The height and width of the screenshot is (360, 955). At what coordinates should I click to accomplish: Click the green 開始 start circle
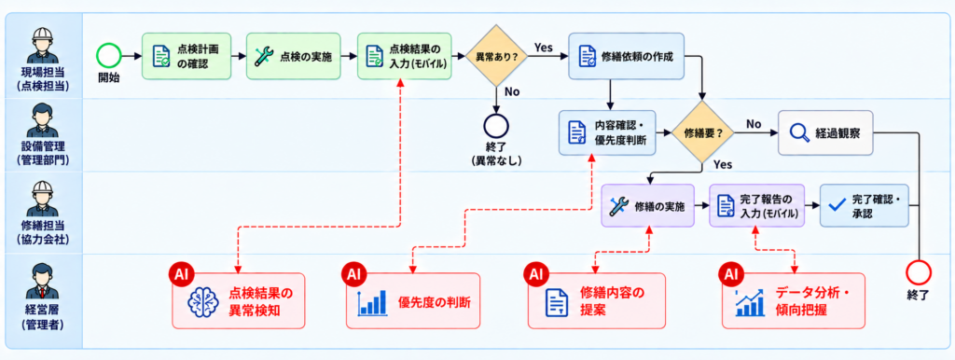click(108, 56)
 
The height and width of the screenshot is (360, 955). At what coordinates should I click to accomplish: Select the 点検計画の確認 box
click(187, 56)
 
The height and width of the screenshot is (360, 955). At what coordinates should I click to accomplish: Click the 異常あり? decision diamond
click(496, 55)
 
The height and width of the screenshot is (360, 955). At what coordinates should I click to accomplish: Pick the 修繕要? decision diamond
click(701, 132)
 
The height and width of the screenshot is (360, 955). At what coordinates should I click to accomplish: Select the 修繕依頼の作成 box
click(626, 56)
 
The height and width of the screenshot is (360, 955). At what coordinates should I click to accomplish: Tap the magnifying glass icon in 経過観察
click(798, 132)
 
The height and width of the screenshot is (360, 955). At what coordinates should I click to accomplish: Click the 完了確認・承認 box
click(865, 206)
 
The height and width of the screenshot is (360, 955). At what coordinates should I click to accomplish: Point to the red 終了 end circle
click(919, 271)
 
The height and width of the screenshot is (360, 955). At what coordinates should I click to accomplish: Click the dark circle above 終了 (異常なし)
click(496, 126)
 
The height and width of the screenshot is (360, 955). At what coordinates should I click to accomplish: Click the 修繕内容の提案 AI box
click(596, 301)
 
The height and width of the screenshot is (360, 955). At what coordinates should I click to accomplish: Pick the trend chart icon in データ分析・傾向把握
click(749, 301)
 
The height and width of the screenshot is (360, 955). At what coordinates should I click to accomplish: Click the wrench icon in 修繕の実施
click(619, 206)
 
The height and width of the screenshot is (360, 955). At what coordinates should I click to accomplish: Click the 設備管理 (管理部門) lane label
click(43, 152)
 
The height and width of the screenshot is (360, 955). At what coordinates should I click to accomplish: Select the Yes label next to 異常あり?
click(544, 47)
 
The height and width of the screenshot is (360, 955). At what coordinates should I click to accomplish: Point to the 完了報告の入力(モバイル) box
click(755, 206)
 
